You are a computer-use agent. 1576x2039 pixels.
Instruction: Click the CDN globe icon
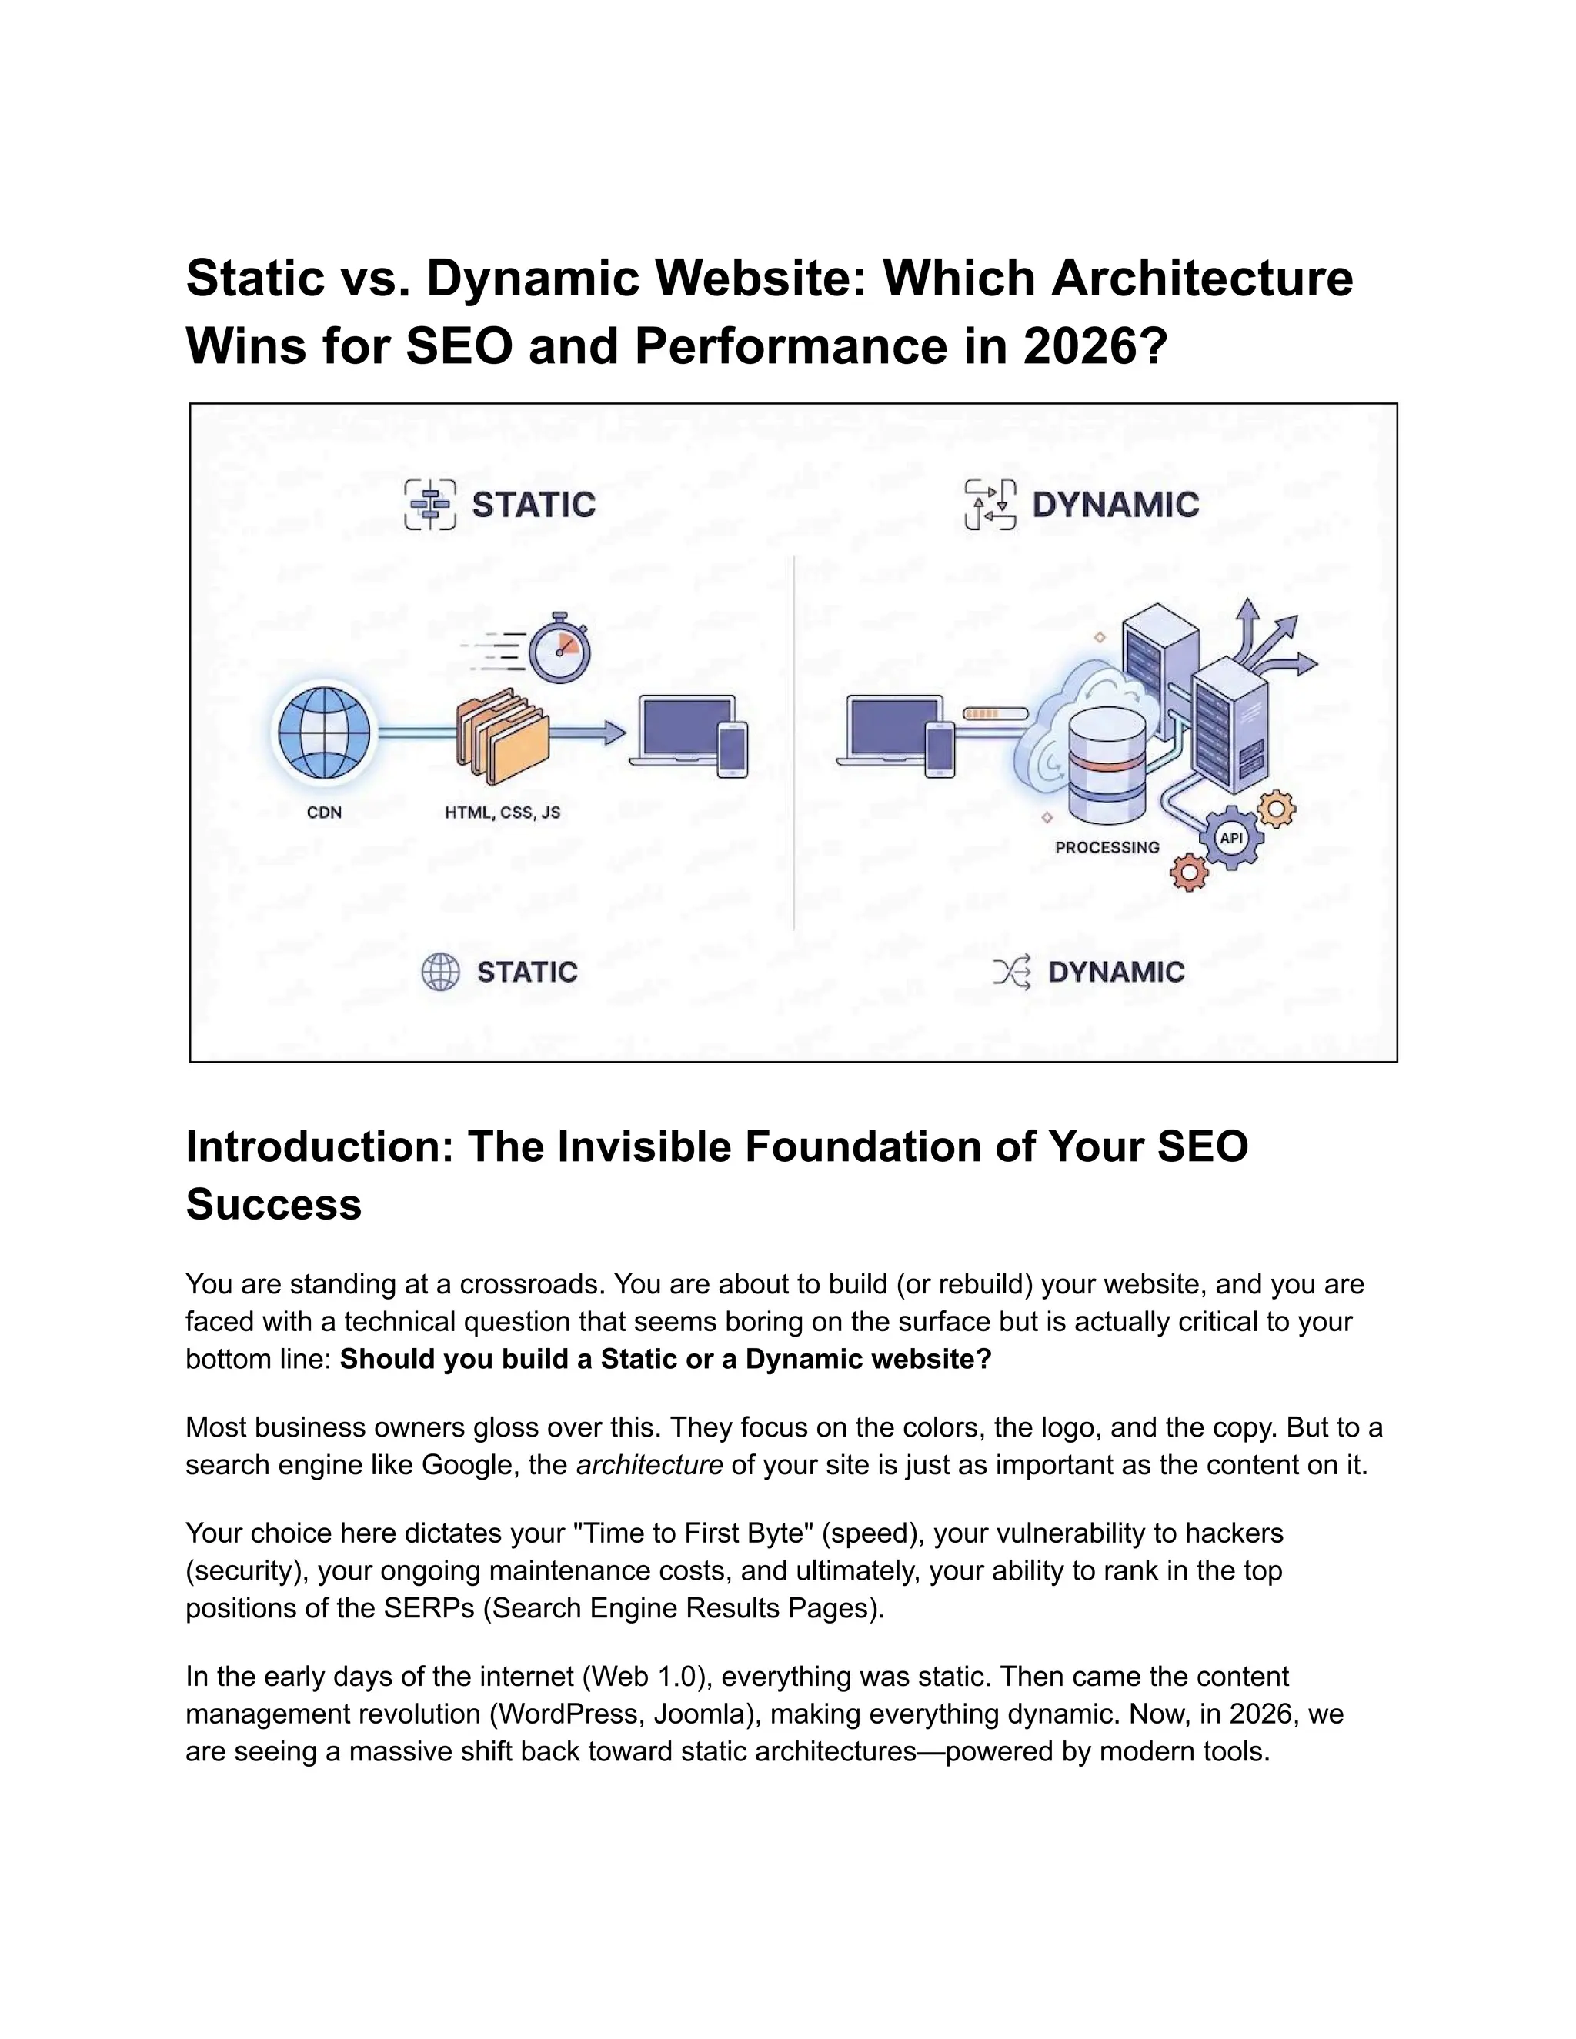pyautogui.click(x=324, y=733)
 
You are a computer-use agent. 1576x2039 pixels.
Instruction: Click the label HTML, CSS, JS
pyautogui.click(x=503, y=813)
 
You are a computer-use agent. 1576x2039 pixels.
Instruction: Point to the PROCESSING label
pyautogui.click(x=1107, y=848)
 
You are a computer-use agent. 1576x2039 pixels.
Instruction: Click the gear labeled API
pyautogui.click(x=1231, y=839)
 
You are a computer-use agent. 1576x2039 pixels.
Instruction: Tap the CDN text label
pyautogui.click(x=324, y=813)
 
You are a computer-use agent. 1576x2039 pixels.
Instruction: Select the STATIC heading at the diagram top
pyautogui.click(x=533, y=505)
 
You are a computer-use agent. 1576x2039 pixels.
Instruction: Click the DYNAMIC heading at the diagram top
pyautogui.click(x=1116, y=505)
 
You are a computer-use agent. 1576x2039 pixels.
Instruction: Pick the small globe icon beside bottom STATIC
pyautogui.click(x=439, y=972)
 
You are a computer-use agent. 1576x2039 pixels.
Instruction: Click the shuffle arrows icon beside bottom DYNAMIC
pyautogui.click(x=1011, y=972)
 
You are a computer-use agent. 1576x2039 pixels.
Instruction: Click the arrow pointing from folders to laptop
pyautogui.click(x=588, y=733)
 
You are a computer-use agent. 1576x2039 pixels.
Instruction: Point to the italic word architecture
pyautogui.click(x=649, y=1465)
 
